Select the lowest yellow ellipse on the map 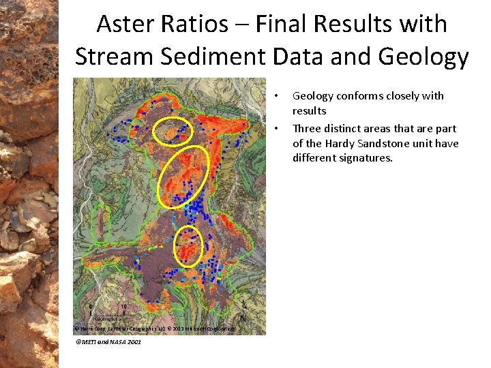click(x=189, y=245)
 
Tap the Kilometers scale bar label click(x=107, y=318)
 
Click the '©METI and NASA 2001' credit click(x=108, y=341)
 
